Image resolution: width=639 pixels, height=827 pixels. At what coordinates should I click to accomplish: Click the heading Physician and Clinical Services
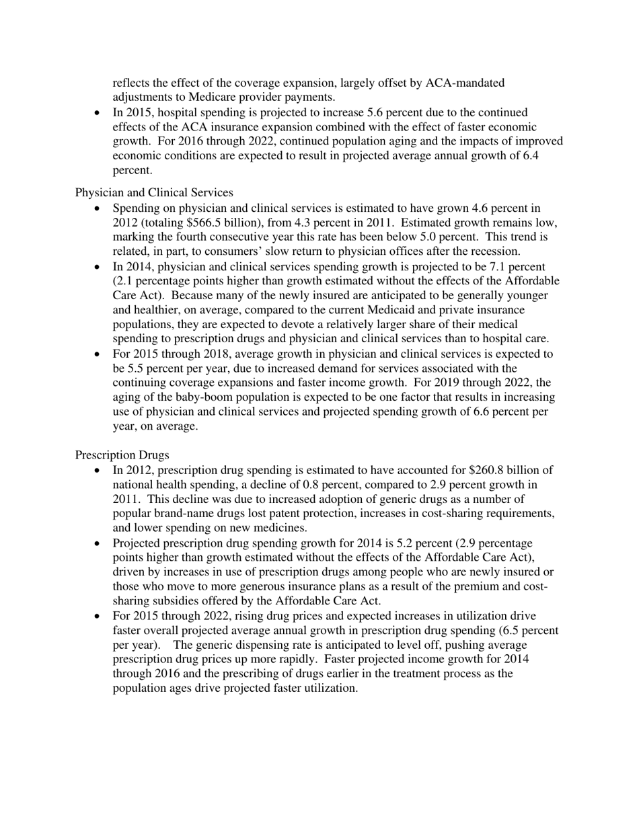154,192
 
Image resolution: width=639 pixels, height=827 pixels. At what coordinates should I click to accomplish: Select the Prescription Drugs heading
122,455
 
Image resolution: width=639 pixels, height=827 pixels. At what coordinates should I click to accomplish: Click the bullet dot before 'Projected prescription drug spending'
98,543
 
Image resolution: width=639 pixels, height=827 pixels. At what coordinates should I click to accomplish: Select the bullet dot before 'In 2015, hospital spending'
98,112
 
